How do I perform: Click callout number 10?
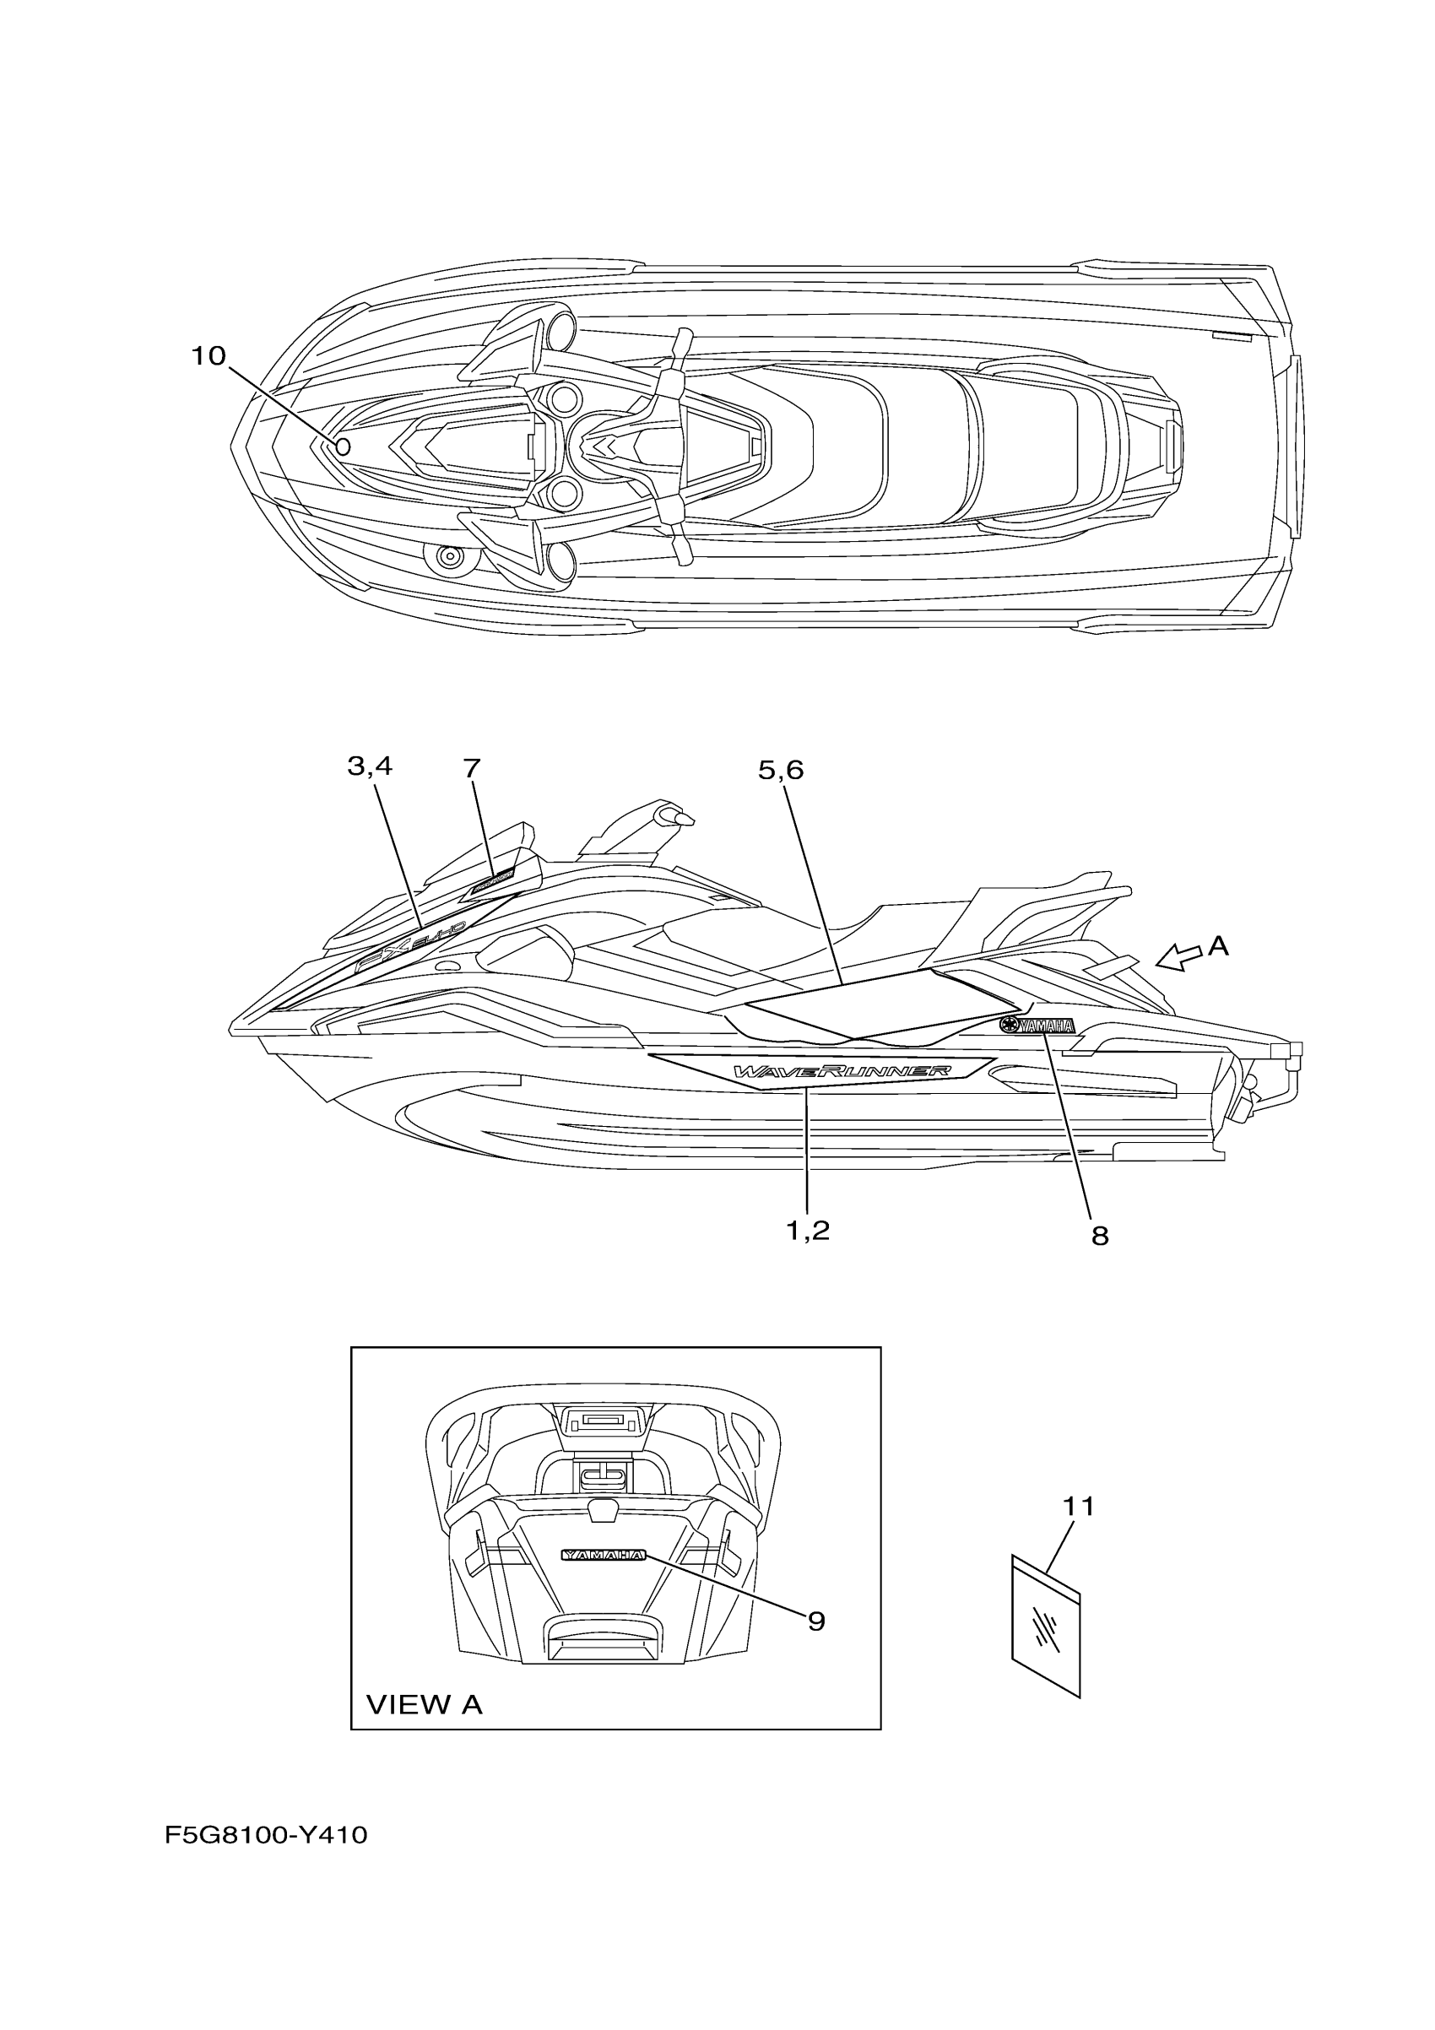pos(209,356)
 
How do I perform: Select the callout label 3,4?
pos(370,766)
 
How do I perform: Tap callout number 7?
pos(472,768)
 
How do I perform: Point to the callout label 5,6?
pos(781,771)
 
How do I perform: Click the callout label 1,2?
pos(807,1230)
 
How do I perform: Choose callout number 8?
pos(1100,1236)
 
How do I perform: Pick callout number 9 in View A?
pos(816,1621)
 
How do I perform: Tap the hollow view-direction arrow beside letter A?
pos(1178,956)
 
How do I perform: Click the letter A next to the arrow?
pos(1218,947)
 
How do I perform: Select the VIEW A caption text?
pos(425,1706)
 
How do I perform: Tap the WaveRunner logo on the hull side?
pos(842,1072)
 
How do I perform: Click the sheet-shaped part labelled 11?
pos(1046,1627)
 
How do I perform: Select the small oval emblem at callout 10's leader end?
pos(344,447)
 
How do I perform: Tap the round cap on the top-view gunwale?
pos(451,558)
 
